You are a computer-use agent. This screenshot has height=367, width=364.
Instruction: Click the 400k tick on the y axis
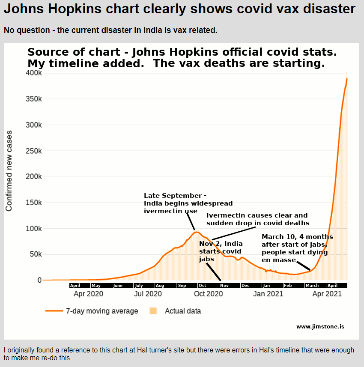click(33, 73)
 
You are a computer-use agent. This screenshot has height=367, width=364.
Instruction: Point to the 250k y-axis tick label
click(33, 151)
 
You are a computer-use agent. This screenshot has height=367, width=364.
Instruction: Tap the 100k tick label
click(33, 229)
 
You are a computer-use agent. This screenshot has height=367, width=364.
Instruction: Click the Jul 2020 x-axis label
click(148, 294)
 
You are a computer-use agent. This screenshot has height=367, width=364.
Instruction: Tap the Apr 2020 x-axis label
click(89, 294)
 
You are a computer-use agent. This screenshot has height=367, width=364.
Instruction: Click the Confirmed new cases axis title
click(9, 176)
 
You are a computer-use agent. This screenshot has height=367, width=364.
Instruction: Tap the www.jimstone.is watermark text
click(320, 327)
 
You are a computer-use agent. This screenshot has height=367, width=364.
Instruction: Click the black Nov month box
click(224, 286)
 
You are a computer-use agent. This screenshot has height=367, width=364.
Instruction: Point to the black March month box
click(312, 286)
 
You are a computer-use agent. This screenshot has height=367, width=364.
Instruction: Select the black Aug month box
click(160, 286)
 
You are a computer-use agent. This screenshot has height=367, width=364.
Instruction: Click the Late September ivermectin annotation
click(188, 203)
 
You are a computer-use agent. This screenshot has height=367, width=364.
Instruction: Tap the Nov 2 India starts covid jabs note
click(220, 251)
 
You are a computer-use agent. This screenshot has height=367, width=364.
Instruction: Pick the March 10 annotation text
click(297, 248)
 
